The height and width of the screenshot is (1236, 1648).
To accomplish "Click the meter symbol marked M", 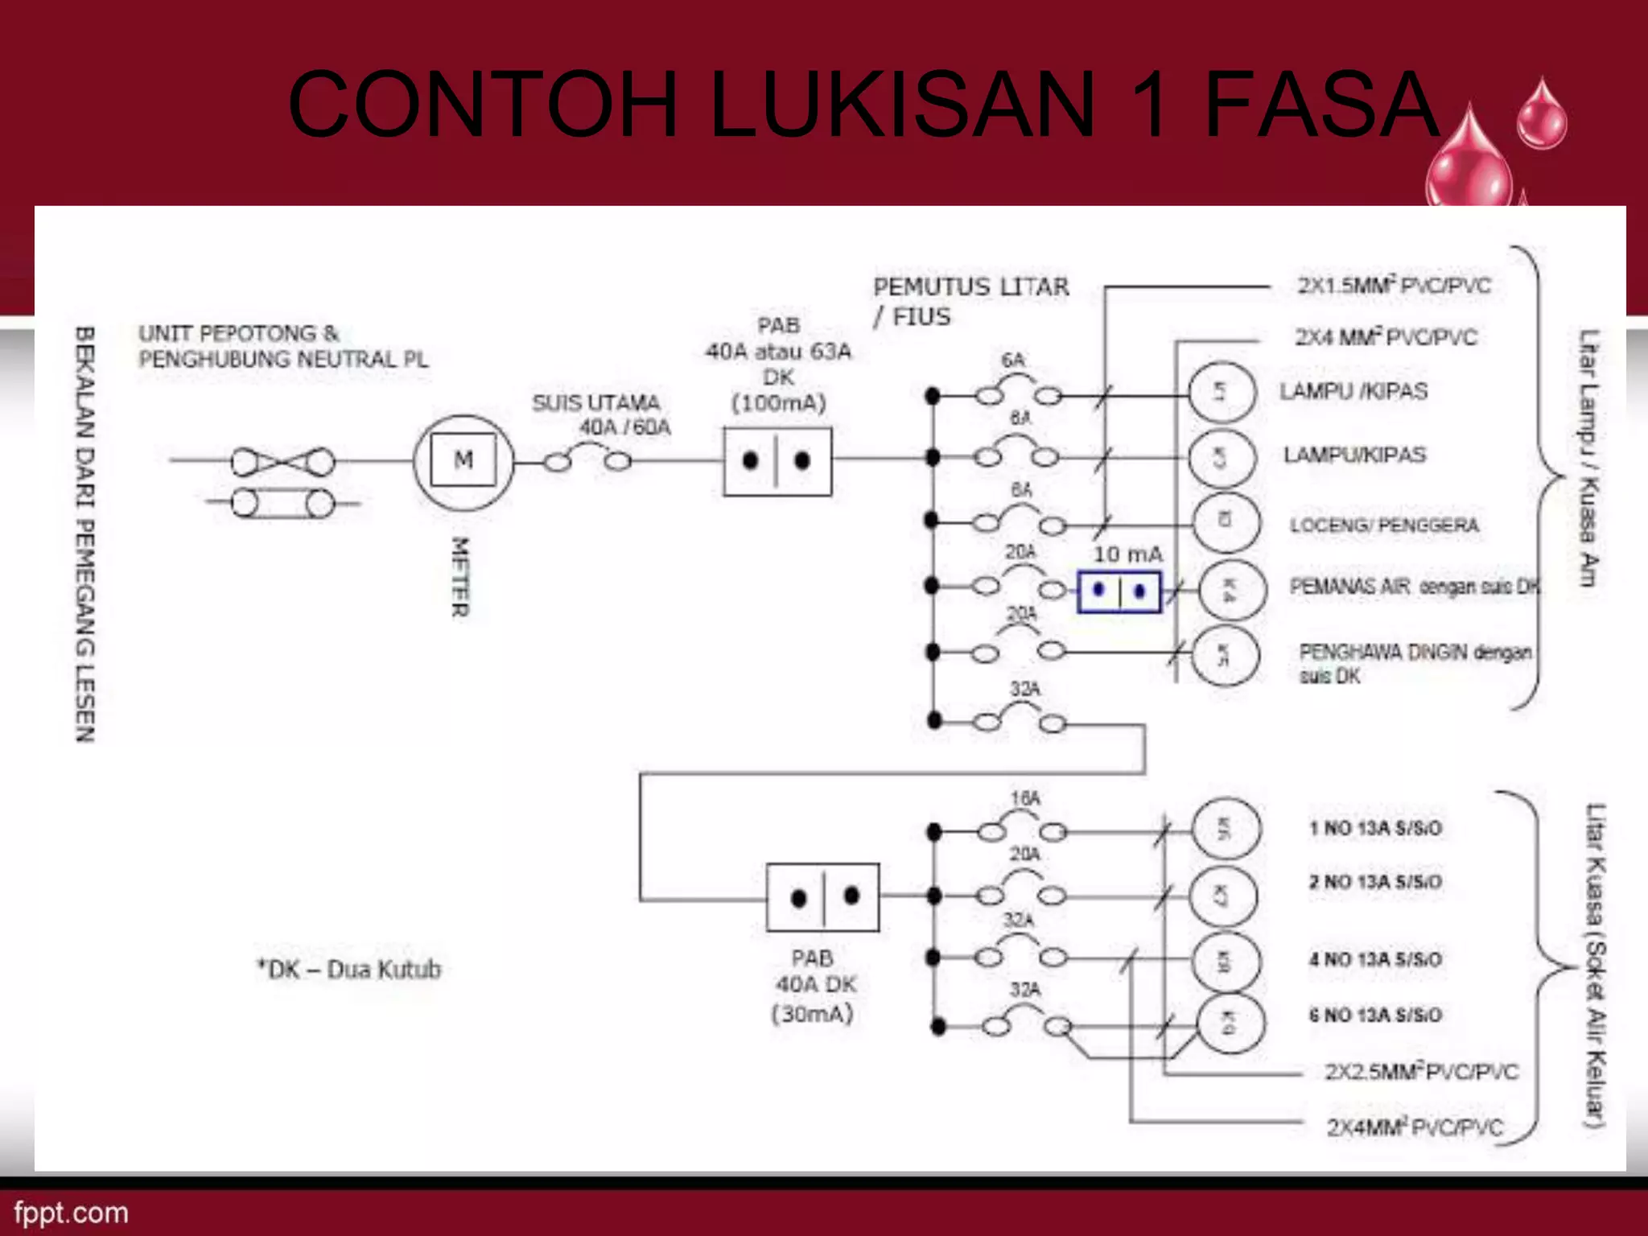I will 463,461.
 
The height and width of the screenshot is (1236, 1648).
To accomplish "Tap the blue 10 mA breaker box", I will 1119,592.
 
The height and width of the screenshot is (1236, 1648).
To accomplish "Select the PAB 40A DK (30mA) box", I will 822,897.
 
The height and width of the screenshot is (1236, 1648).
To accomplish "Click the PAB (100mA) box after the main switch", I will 777,461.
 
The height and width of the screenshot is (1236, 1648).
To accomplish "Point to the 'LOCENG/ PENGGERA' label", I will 1384,525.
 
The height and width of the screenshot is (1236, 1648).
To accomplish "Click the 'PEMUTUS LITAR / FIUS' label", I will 970,301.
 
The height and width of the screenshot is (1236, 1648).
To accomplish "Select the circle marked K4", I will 1231,590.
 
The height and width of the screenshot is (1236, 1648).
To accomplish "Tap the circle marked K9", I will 1230,1023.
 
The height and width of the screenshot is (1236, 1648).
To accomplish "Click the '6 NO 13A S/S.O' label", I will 1375,1015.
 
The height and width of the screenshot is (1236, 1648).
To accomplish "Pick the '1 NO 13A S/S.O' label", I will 1375,828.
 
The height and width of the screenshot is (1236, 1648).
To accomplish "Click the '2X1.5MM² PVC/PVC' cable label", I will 1394,286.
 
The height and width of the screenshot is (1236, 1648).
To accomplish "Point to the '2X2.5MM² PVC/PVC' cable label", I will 1421,1072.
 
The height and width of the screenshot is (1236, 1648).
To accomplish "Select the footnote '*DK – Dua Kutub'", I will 348,969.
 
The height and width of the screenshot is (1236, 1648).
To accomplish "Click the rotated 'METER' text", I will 459,577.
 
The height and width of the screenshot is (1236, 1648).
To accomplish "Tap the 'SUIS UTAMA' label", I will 595,402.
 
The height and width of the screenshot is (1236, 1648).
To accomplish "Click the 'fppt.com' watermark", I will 71,1213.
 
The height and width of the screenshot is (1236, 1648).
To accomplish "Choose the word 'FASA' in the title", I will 1320,105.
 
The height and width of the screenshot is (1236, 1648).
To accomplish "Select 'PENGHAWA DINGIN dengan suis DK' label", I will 1414,663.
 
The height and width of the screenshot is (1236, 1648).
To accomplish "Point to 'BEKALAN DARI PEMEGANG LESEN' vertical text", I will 85,534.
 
